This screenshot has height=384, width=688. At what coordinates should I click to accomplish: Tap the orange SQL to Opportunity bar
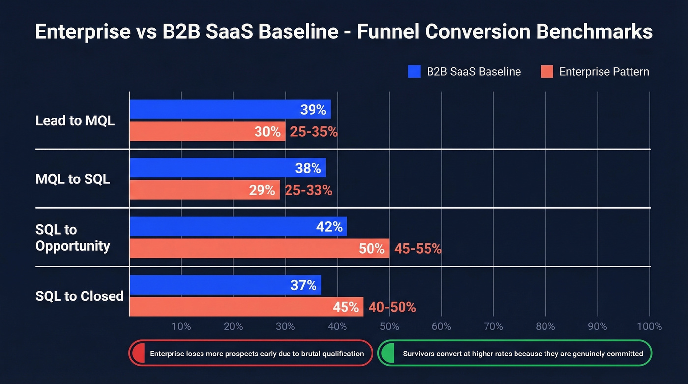[246, 248]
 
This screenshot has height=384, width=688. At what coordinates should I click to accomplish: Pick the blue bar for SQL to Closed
[216, 285]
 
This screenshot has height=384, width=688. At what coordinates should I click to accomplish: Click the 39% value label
[313, 110]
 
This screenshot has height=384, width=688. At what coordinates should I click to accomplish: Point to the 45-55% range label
[418, 249]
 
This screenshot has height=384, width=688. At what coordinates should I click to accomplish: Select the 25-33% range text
[309, 190]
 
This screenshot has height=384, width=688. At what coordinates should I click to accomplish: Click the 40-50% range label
[392, 307]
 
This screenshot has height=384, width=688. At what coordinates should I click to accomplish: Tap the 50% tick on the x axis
[389, 326]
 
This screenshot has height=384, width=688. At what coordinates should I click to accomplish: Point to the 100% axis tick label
[649, 326]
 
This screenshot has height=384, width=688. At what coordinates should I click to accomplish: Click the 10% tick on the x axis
[181, 326]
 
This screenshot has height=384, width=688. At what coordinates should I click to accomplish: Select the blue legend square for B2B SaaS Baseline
[414, 72]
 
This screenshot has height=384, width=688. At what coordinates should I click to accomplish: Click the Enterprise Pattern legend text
[604, 72]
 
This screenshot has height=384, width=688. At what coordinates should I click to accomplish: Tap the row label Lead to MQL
[75, 121]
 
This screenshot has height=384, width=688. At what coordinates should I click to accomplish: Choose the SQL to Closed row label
[79, 296]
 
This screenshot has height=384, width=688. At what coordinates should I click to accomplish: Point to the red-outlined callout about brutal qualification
[251, 353]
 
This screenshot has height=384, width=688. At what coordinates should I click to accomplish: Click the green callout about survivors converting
[515, 353]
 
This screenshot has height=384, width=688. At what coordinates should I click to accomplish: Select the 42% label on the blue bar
[329, 227]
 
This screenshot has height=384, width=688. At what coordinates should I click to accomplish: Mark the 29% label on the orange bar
[261, 190]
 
